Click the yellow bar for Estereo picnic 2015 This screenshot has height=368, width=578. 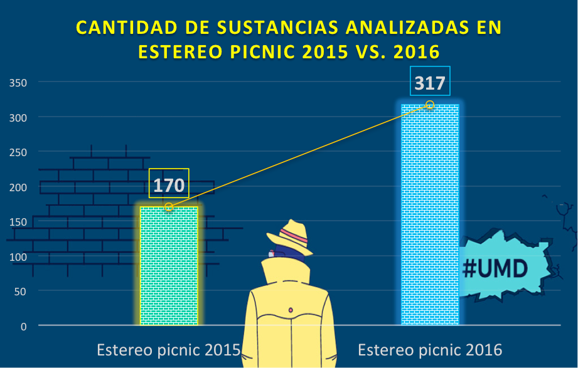pos(169,266)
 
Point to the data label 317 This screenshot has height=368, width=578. pos(430,82)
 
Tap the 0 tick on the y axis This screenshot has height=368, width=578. pos(23,327)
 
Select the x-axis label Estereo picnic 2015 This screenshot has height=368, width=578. pos(168,350)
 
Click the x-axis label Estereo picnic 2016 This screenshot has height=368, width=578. pos(430,350)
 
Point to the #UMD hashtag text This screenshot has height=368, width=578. pos(495,268)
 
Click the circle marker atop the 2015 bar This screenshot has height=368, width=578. pos(168,207)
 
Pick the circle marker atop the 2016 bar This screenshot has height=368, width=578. pos(430,104)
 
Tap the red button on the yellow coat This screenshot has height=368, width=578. pos(291,310)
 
